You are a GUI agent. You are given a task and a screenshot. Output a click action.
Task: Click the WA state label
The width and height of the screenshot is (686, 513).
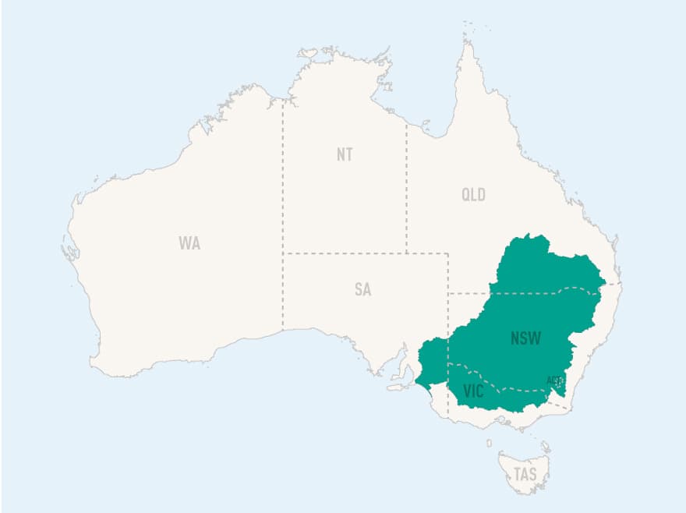tap(189, 243)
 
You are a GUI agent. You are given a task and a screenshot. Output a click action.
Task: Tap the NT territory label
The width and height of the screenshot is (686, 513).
tap(345, 154)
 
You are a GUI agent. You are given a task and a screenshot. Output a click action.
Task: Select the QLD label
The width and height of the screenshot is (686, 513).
tap(473, 195)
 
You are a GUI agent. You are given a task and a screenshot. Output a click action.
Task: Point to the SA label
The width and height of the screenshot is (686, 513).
tap(362, 290)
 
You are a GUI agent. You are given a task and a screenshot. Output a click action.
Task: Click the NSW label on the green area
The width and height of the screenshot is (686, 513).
tap(526, 338)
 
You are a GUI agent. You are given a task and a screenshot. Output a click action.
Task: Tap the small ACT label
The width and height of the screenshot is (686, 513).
tap(554, 380)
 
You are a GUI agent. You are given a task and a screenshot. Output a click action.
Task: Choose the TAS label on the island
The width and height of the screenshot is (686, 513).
tap(525, 474)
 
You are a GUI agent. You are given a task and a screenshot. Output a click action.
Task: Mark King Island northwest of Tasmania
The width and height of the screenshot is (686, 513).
tap(490, 443)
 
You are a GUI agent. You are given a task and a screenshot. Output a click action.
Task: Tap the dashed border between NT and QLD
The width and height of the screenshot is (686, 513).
tap(406, 187)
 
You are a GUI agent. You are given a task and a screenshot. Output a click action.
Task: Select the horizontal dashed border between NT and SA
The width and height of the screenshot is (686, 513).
tap(343, 253)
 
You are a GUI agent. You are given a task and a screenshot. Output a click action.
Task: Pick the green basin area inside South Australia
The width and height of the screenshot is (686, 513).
tap(433, 359)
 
